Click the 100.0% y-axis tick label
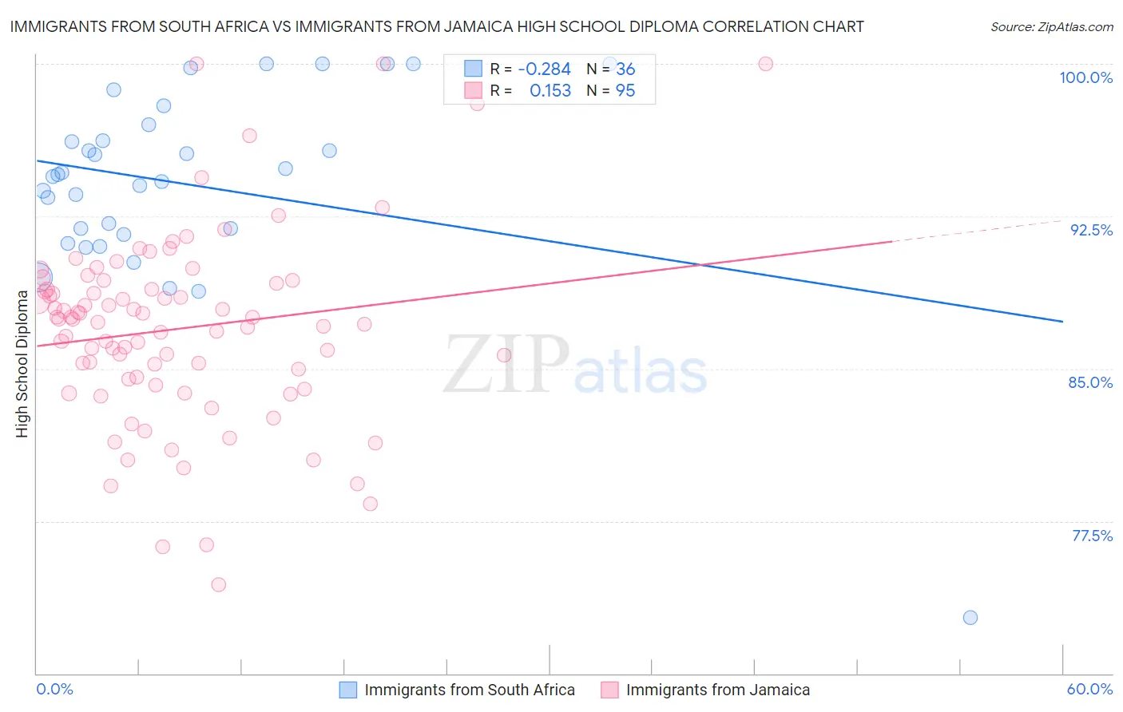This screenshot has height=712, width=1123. (1085, 77)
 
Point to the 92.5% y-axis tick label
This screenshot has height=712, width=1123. (1091, 230)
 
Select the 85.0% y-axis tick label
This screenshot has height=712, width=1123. (1090, 382)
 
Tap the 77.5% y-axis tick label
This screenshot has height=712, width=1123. (1092, 536)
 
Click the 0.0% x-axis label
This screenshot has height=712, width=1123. (54, 689)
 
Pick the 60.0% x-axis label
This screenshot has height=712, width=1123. (1089, 689)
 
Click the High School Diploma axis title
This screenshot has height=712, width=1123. (22, 363)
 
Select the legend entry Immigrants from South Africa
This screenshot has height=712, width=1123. (469, 690)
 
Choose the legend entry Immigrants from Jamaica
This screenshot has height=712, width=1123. (717, 690)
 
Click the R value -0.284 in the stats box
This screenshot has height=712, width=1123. (544, 69)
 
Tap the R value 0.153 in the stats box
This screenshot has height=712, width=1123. (550, 91)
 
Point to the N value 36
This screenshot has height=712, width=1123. (625, 69)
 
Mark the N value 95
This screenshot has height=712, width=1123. (625, 91)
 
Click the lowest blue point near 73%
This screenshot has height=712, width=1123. (970, 617)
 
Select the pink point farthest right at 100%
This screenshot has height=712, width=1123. (765, 64)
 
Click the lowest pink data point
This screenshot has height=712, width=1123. (218, 584)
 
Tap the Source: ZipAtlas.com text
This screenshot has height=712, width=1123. (1051, 27)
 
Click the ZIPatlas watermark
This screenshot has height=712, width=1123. (575, 365)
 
